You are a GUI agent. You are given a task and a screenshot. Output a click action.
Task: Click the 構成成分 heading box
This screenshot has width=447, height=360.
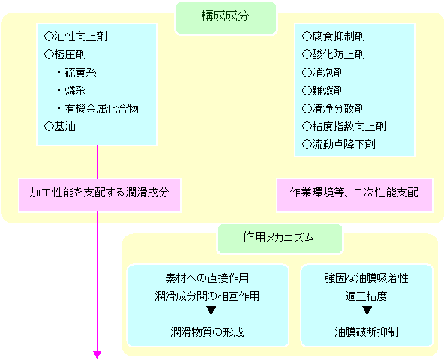226,18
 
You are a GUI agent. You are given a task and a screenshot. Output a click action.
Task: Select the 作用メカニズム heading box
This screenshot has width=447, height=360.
280,238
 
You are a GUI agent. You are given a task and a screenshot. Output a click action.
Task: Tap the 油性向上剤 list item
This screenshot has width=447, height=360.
76,37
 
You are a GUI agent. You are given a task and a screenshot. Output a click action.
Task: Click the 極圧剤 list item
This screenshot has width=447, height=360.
65,55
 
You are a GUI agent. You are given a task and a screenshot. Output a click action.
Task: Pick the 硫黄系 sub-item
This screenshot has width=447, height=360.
77,73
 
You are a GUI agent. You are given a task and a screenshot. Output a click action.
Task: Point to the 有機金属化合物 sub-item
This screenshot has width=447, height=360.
98,109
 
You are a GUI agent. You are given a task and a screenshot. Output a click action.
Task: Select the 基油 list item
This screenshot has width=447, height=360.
60,127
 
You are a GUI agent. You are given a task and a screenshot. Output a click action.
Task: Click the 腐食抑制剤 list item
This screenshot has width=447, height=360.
334,37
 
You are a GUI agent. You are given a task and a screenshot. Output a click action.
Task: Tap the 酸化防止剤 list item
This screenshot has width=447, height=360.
334,55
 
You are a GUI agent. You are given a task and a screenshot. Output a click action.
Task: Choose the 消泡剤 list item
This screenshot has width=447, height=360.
323,73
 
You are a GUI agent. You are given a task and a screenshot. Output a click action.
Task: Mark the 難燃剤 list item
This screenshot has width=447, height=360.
323,91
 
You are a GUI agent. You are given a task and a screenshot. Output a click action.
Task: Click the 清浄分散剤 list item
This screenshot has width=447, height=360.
334,109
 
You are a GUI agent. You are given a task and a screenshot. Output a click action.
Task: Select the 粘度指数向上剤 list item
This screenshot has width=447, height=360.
344,127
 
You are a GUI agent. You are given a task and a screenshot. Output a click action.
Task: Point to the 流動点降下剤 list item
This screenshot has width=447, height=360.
339,145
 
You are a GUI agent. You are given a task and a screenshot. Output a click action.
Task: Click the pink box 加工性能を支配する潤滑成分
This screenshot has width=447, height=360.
100,195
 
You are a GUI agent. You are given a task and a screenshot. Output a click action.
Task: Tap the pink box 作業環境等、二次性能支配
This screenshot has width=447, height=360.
355,195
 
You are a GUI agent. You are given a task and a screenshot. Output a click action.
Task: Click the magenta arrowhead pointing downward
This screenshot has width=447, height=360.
97,354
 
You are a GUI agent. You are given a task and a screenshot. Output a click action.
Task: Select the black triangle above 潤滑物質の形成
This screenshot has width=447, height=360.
211,310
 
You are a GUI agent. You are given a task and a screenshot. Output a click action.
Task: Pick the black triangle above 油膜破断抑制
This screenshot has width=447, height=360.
367,310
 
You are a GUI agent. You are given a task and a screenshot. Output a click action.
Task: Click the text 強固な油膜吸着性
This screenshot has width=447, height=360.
367,278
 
